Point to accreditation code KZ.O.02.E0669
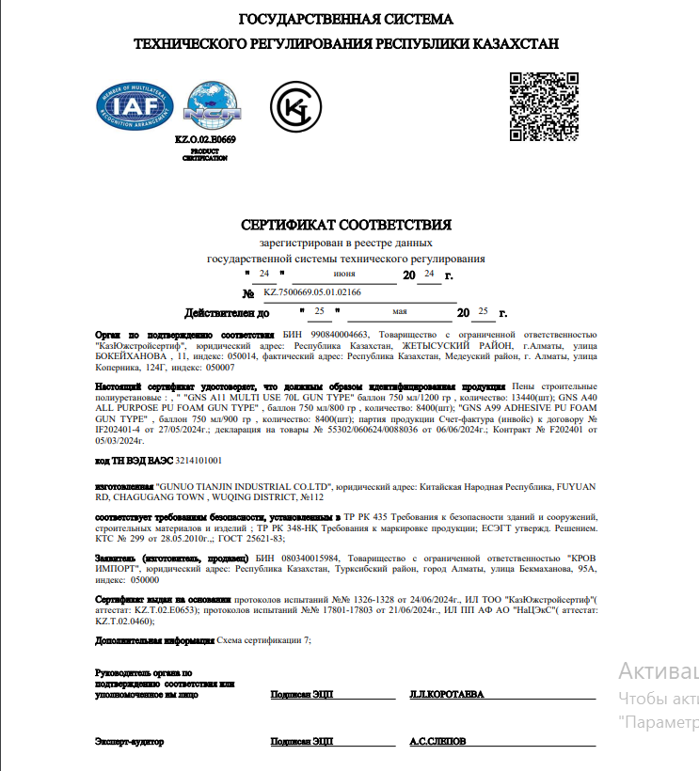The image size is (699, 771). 205,139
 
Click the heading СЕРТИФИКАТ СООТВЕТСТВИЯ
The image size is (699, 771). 346,225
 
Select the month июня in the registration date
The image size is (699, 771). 343,274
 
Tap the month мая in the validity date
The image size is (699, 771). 400,310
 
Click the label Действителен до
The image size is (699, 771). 228,312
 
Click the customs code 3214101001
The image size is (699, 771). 192,461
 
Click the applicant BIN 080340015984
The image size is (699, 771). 312,558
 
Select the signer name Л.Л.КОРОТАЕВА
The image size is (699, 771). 447,694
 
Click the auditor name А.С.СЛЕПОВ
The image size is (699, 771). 437,741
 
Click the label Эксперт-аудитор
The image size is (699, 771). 130,741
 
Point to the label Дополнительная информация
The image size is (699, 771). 154,639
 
